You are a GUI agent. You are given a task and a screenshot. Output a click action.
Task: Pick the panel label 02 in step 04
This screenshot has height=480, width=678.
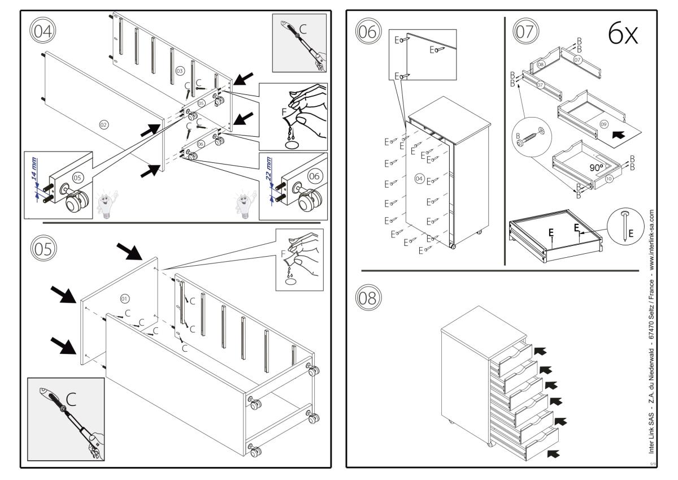click(103, 123)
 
